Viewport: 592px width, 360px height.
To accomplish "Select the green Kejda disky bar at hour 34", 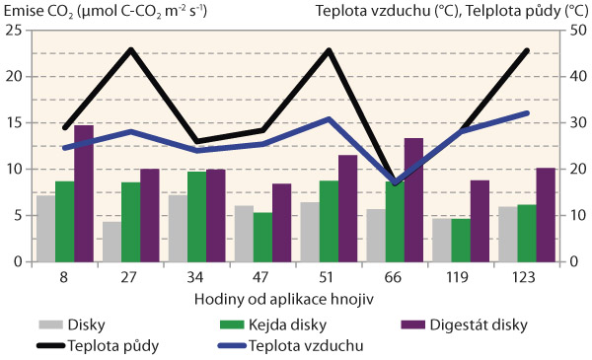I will [196, 217].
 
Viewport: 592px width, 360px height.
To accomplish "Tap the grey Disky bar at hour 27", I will [111, 242].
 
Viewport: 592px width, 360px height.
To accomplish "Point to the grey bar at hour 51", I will [310, 232].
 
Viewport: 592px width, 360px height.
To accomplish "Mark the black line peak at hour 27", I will [130, 49].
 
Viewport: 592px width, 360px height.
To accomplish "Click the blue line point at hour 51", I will [329, 119].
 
